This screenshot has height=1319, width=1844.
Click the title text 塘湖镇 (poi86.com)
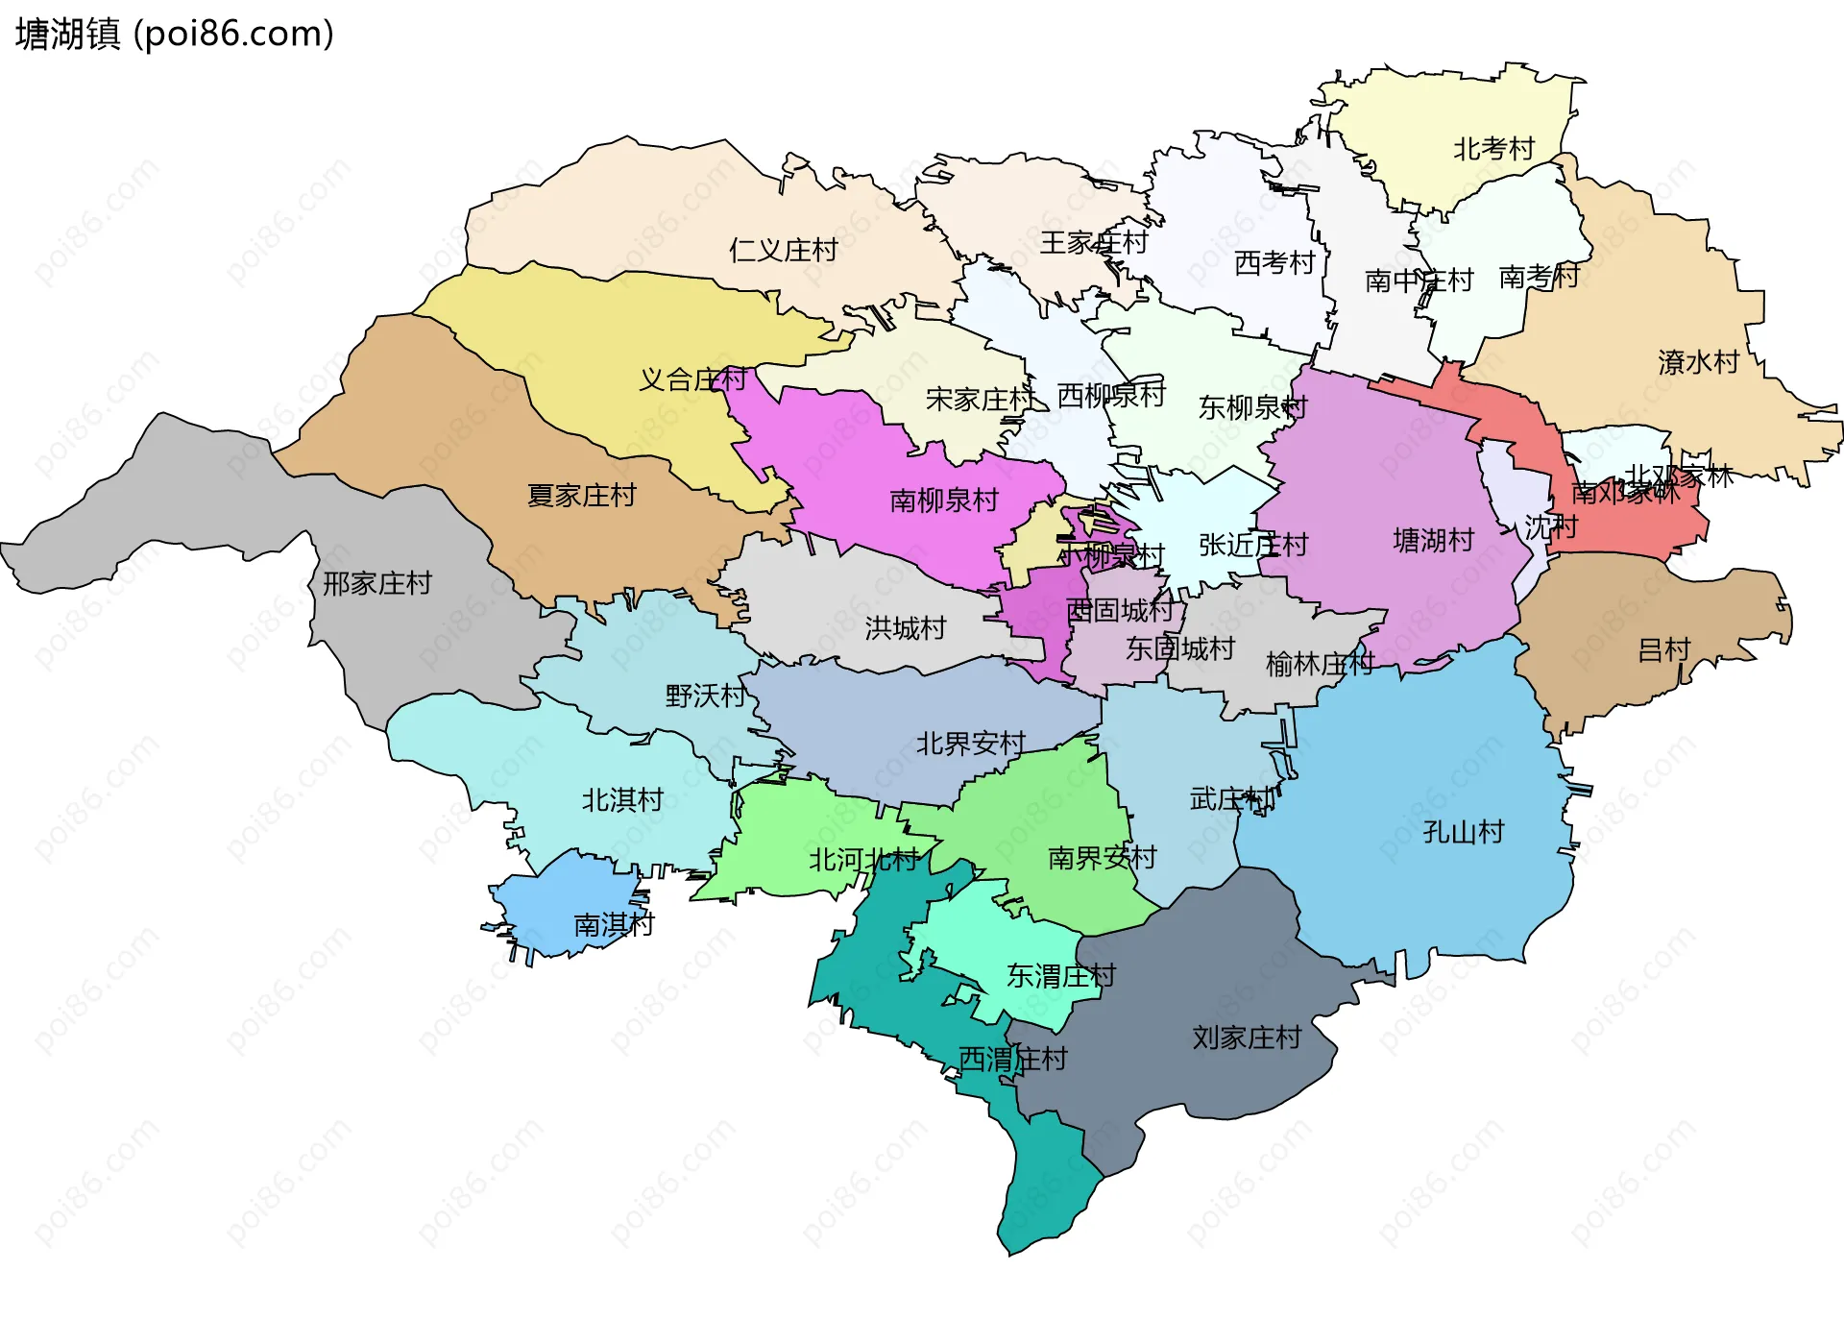tap(175, 34)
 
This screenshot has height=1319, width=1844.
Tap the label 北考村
tap(1493, 149)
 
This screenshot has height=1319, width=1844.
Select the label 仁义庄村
tap(783, 250)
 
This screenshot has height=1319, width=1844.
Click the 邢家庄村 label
tap(376, 583)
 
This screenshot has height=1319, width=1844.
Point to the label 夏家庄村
tap(581, 496)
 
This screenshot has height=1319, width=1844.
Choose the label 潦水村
tap(1698, 362)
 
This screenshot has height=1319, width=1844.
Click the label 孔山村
tap(1463, 832)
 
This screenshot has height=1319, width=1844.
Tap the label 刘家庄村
tap(1247, 1038)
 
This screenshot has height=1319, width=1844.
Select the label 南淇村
tap(614, 925)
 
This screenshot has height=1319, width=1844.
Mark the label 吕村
tap(1663, 650)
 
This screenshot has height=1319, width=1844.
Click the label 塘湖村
tap(1433, 541)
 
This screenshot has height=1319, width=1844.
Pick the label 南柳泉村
tap(944, 501)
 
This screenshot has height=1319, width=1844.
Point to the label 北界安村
tap(970, 744)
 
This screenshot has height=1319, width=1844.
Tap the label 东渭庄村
tap(1060, 976)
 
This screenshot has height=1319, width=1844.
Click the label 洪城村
tap(905, 628)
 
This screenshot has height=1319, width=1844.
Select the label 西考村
tap(1274, 262)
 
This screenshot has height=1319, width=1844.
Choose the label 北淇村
tap(622, 799)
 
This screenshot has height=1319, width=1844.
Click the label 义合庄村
tap(692, 379)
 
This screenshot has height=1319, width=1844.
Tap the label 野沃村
tap(705, 696)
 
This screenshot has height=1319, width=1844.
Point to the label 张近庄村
tap(1252, 545)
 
